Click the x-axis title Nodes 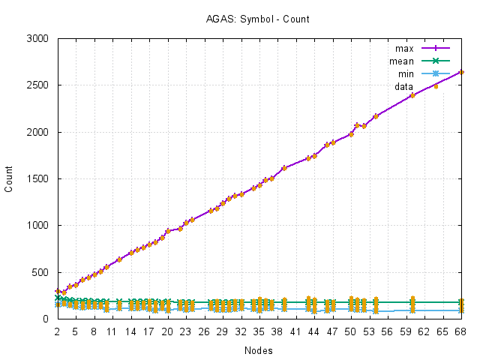pyautogui.click(x=258, y=350)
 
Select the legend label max pyautogui.click(x=404, y=49)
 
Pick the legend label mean pyautogui.click(x=402, y=61)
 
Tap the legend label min pyautogui.click(x=405, y=73)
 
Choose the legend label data pyautogui.click(x=403, y=86)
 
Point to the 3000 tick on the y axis pyautogui.click(x=38, y=38)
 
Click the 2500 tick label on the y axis pyautogui.click(x=38, y=85)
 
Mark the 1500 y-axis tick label pyautogui.click(x=38, y=178)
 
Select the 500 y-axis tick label pyautogui.click(x=41, y=272)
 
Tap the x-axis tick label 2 pyautogui.click(x=57, y=331)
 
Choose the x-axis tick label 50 pyautogui.click(x=351, y=331)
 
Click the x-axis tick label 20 pyautogui.click(x=167, y=331)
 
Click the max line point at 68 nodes pyautogui.click(x=461, y=72)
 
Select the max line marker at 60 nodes pyautogui.click(x=412, y=95)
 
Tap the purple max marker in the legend pyautogui.click(x=435, y=49)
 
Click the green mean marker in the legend pyautogui.click(x=435, y=61)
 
